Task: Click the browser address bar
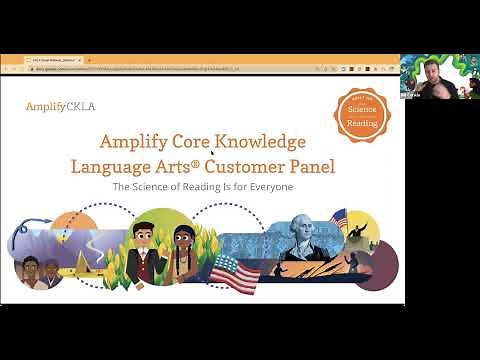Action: point(200,67)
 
